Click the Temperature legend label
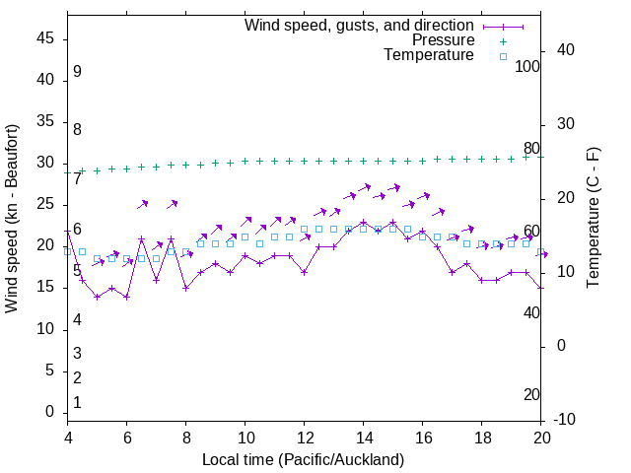tap(429, 56)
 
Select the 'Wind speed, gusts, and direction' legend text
tap(360, 25)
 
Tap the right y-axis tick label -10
tap(567, 420)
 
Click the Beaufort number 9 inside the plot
tap(77, 72)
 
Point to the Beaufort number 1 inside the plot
tap(77, 403)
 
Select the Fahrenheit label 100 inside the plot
tap(528, 66)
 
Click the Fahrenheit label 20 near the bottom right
tap(532, 395)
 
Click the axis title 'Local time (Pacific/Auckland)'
tap(304, 460)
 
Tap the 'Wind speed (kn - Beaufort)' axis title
tap(13, 219)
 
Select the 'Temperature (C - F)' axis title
tap(593, 219)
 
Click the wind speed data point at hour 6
tap(127, 297)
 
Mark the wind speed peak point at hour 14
tap(364, 222)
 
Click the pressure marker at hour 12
tap(305, 161)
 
